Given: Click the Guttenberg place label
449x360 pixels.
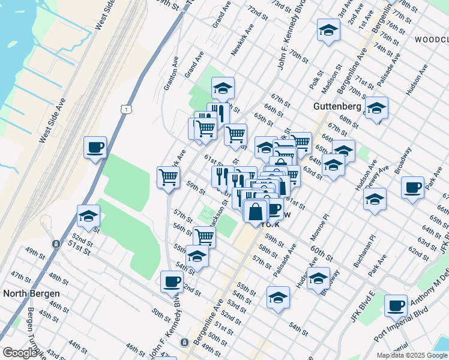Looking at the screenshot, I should (337, 106).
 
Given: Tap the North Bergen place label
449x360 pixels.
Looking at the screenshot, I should (31, 293).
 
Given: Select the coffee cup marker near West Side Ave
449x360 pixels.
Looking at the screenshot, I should (95, 148).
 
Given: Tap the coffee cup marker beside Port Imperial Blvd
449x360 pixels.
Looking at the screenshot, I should (396, 307).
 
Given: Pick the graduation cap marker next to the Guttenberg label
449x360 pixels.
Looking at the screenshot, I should (376, 109).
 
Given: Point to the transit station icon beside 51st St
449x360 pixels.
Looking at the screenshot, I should (55, 244).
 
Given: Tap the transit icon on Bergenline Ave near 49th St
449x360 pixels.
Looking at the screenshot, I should (184, 341).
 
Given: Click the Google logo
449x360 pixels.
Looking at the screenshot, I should (20, 353).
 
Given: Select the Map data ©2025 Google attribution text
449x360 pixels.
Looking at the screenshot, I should (412, 355).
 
